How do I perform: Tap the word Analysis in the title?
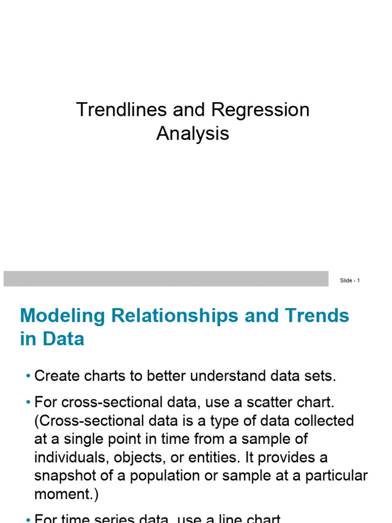pos(192,134)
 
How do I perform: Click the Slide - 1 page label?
pos(350,280)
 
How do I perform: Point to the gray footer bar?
pos(166,279)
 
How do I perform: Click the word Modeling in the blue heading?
pos(62,316)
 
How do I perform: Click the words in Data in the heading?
pos(52,339)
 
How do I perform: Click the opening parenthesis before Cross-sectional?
pos(37,421)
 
